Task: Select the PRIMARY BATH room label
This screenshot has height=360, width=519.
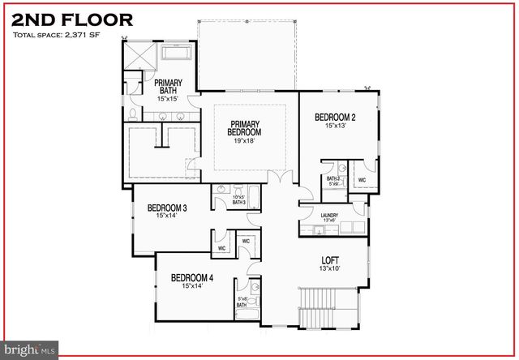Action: [x=168, y=86]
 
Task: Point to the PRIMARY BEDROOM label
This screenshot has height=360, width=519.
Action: [x=244, y=127]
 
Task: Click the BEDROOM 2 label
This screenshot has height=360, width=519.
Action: [x=336, y=117]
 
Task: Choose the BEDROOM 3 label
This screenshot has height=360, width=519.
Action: [x=167, y=208]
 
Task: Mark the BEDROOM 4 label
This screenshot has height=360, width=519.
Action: [x=192, y=277]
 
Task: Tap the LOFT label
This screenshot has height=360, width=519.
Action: [x=329, y=260]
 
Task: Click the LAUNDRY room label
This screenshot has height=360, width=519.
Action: [x=329, y=215]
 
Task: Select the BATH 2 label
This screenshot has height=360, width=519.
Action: [x=332, y=178]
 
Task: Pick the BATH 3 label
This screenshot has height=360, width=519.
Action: [x=238, y=202]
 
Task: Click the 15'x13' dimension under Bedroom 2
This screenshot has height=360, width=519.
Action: [x=336, y=126]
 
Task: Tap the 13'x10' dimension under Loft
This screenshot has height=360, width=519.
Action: [x=329, y=269]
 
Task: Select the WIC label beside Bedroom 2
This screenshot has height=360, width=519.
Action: [x=362, y=180]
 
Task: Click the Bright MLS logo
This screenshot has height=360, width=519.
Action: [x=30, y=350]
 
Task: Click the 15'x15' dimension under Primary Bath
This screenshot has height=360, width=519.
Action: [x=168, y=98]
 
